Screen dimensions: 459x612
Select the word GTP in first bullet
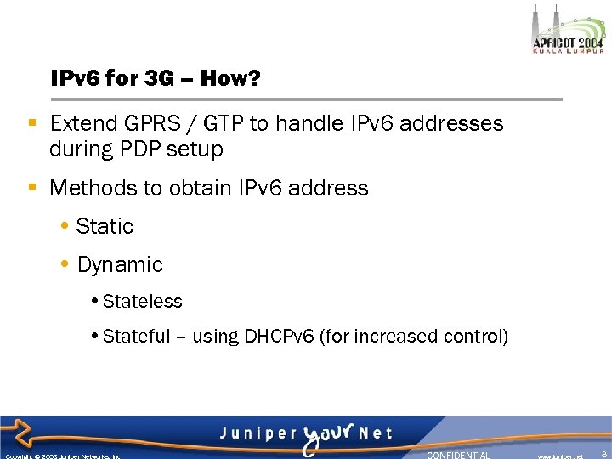tap(223, 124)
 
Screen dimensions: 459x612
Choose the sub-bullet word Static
tap(105, 227)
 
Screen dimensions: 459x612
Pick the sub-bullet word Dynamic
tap(120, 265)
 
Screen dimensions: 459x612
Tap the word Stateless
tap(142, 302)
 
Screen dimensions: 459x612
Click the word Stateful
tap(136, 337)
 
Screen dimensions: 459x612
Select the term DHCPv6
tap(279, 337)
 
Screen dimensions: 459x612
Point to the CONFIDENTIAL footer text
tap(458, 455)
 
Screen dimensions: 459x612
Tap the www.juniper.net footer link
tap(560, 456)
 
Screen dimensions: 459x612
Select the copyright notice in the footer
tap(64, 456)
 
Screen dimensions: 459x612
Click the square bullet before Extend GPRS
tap(32, 124)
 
